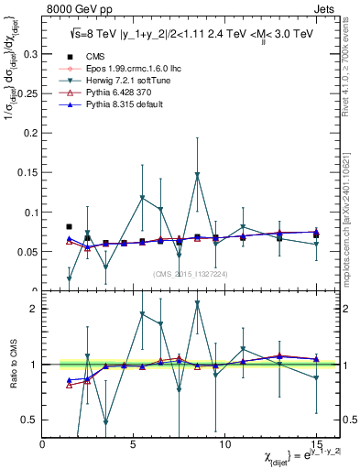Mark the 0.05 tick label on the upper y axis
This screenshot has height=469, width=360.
[x=27, y=251]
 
